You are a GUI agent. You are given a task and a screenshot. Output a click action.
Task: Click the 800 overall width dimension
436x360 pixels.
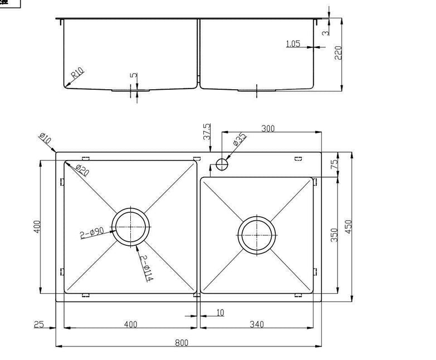coord(182,342)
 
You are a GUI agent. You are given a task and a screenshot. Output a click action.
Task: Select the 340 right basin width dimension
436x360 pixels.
coord(257,324)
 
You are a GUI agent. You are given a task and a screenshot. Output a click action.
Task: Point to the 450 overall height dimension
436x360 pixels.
coord(349,226)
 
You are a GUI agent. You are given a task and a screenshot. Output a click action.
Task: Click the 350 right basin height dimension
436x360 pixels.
coord(333,234)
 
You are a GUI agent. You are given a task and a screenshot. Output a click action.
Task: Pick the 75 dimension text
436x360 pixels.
coord(334,164)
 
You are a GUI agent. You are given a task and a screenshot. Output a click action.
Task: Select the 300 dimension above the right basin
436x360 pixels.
coord(268,129)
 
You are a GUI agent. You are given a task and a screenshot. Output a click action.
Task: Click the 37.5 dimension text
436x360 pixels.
coord(207,132)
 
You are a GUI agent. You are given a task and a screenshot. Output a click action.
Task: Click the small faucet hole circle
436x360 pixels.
coord(222,164)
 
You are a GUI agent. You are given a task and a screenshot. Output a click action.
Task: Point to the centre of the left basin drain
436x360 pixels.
coord(131,227)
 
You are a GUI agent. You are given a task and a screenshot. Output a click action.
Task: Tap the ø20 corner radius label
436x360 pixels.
coord(81,171)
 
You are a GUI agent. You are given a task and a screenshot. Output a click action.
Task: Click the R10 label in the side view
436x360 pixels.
coord(77,74)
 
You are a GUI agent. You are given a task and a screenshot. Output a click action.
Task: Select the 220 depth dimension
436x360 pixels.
coord(337,53)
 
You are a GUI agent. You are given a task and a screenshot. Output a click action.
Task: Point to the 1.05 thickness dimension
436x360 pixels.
coord(293,43)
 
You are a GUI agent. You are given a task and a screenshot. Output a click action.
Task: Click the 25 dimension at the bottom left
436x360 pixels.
coord(38,324)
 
